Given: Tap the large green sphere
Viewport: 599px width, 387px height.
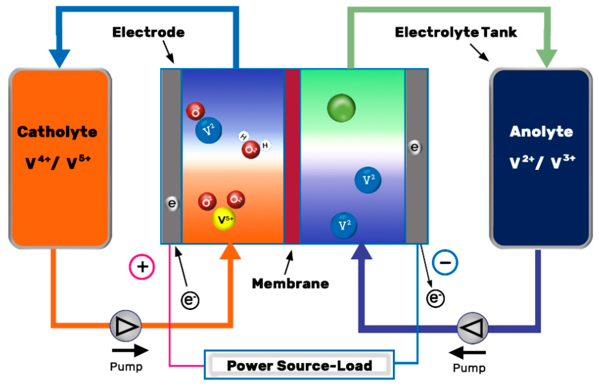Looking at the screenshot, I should (341, 108).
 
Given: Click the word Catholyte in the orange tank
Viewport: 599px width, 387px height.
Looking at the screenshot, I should (57, 132).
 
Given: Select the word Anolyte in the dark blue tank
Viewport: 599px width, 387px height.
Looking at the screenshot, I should (541, 131).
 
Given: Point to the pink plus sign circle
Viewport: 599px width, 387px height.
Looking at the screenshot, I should (142, 267).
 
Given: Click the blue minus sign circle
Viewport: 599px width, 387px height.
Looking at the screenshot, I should (445, 262).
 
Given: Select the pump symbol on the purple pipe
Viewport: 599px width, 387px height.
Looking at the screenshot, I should (472, 328).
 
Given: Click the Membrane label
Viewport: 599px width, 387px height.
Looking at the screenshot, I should (290, 284).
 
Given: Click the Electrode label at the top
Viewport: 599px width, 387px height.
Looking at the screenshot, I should (148, 33).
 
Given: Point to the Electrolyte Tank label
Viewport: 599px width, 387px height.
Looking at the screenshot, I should (456, 33).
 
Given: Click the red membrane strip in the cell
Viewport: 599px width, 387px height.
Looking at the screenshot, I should (292, 156).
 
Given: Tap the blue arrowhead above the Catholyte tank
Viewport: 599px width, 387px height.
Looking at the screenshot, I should (59, 57).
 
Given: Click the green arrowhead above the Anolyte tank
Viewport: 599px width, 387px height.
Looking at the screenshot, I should (546, 57).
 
